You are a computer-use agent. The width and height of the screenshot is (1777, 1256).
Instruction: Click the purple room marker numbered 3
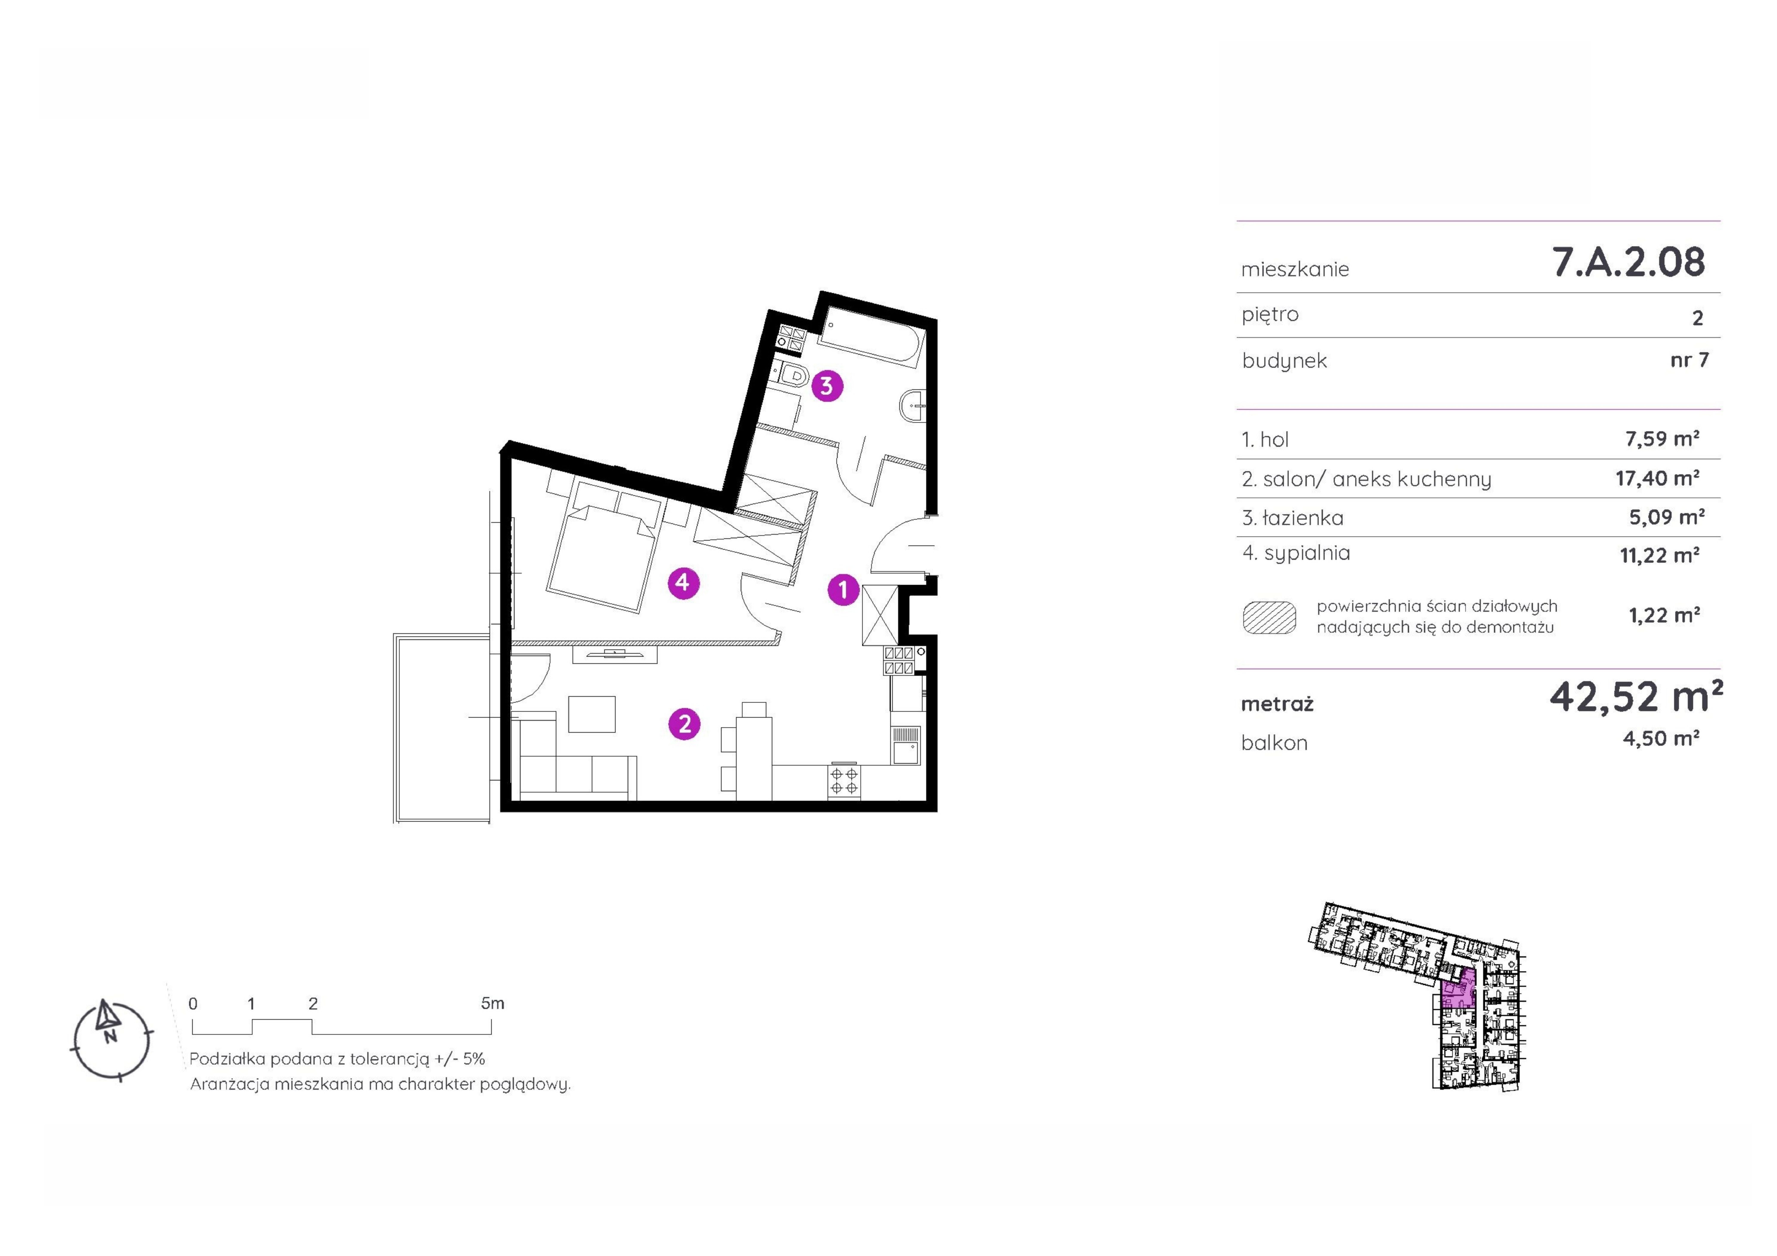click(827, 385)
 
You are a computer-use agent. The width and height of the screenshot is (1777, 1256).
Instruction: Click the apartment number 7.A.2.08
click(1628, 262)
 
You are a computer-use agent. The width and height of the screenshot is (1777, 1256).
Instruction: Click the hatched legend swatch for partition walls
click(1269, 618)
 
